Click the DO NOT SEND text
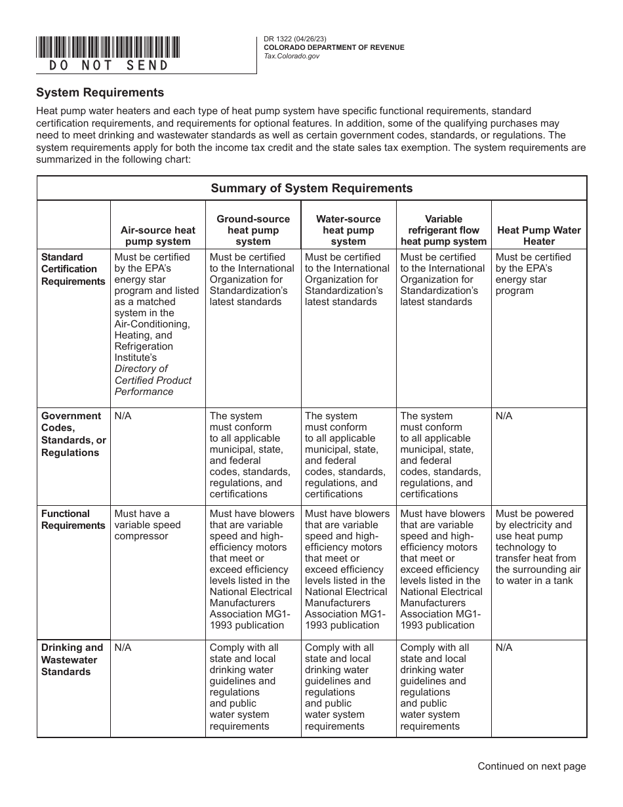click(109, 66)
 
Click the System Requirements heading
click(100, 93)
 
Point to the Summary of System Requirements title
click(311, 188)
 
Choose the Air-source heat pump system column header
click(157, 236)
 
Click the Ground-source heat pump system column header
click(253, 230)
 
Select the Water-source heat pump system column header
click(348, 230)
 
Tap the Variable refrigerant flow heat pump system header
click(443, 230)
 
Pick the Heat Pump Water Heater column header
click(539, 236)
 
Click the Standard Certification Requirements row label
click(73, 269)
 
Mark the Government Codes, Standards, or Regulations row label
click(73, 434)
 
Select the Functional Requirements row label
click(73, 520)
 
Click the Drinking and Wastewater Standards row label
click(72, 659)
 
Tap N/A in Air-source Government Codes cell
click(123, 416)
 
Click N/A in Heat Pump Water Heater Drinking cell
click(504, 648)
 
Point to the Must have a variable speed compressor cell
click(148, 525)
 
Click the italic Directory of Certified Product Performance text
click(153, 380)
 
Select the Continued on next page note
click(531, 766)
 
